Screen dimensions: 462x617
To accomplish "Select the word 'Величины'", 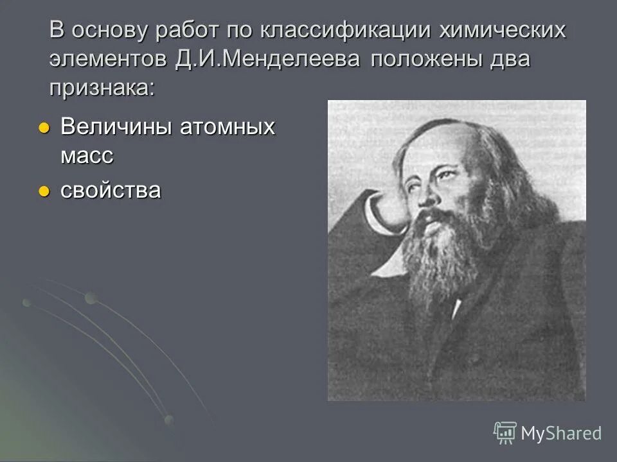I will (x=114, y=127).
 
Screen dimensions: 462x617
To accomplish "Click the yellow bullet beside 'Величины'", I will (x=44, y=128).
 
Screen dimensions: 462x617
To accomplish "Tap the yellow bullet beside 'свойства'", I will (x=44, y=191).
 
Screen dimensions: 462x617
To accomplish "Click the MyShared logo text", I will (x=561, y=433).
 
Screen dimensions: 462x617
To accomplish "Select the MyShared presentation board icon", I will (x=505, y=432).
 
